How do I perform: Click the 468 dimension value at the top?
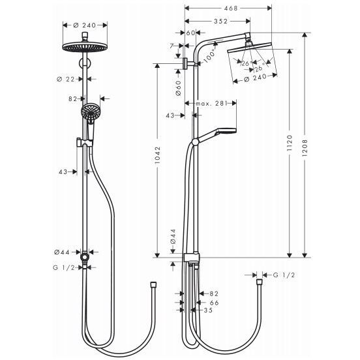(230, 8)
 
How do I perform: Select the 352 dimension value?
(220, 21)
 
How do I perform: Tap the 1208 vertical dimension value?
(305, 148)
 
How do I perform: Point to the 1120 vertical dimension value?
(290, 143)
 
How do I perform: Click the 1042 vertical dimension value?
(157, 155)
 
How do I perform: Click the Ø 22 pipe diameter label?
(66, 79)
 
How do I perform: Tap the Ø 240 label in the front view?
(85, 25)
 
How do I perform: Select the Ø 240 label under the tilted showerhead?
(255, 78)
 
